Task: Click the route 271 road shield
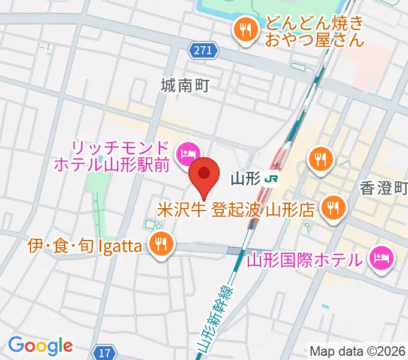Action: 203,52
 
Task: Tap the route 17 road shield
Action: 106,353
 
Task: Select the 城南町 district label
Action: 184,85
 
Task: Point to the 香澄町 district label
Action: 384,188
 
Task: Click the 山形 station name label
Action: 245,179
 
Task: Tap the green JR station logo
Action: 273,179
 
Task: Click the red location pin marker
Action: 205,175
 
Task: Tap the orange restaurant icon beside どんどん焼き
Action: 245,30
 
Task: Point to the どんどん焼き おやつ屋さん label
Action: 315,32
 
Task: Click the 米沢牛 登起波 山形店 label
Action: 236,210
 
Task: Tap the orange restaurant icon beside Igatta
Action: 161,244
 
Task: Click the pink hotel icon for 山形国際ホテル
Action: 381,258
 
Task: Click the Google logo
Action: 40,346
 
